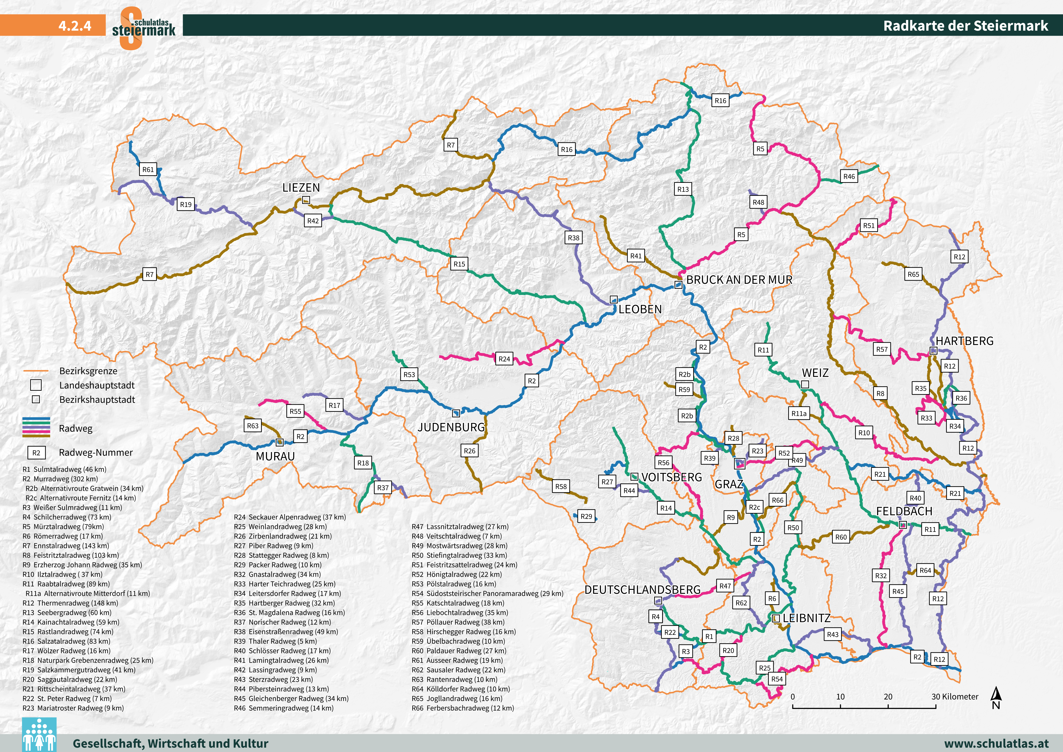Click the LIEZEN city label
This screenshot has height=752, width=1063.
click(x=301, y=188)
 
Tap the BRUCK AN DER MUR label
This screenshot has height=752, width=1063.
click(x=739, y=280)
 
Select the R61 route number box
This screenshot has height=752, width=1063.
click(x=148, y=170)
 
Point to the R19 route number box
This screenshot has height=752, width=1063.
click(x=186, y=204)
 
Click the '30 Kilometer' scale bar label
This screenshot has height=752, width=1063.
click(x=955, y=696)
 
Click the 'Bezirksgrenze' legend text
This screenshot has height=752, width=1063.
click(x=88, y=371)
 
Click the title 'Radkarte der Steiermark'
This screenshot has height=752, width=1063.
click(x=965, y=25)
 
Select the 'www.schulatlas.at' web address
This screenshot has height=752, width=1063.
click(x=996, y=743)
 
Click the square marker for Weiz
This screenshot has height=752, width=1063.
click(x=805, y=384)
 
